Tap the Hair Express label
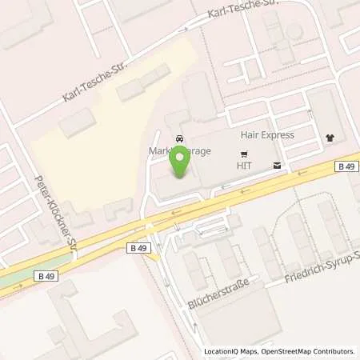pos(267,135)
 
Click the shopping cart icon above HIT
pos(245,153)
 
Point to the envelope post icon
pos(277,166)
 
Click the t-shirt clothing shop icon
pos(330,137)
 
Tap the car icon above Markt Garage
pos(180,137)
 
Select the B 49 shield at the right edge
pos(346,166)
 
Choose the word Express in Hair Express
pos(277,135)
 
